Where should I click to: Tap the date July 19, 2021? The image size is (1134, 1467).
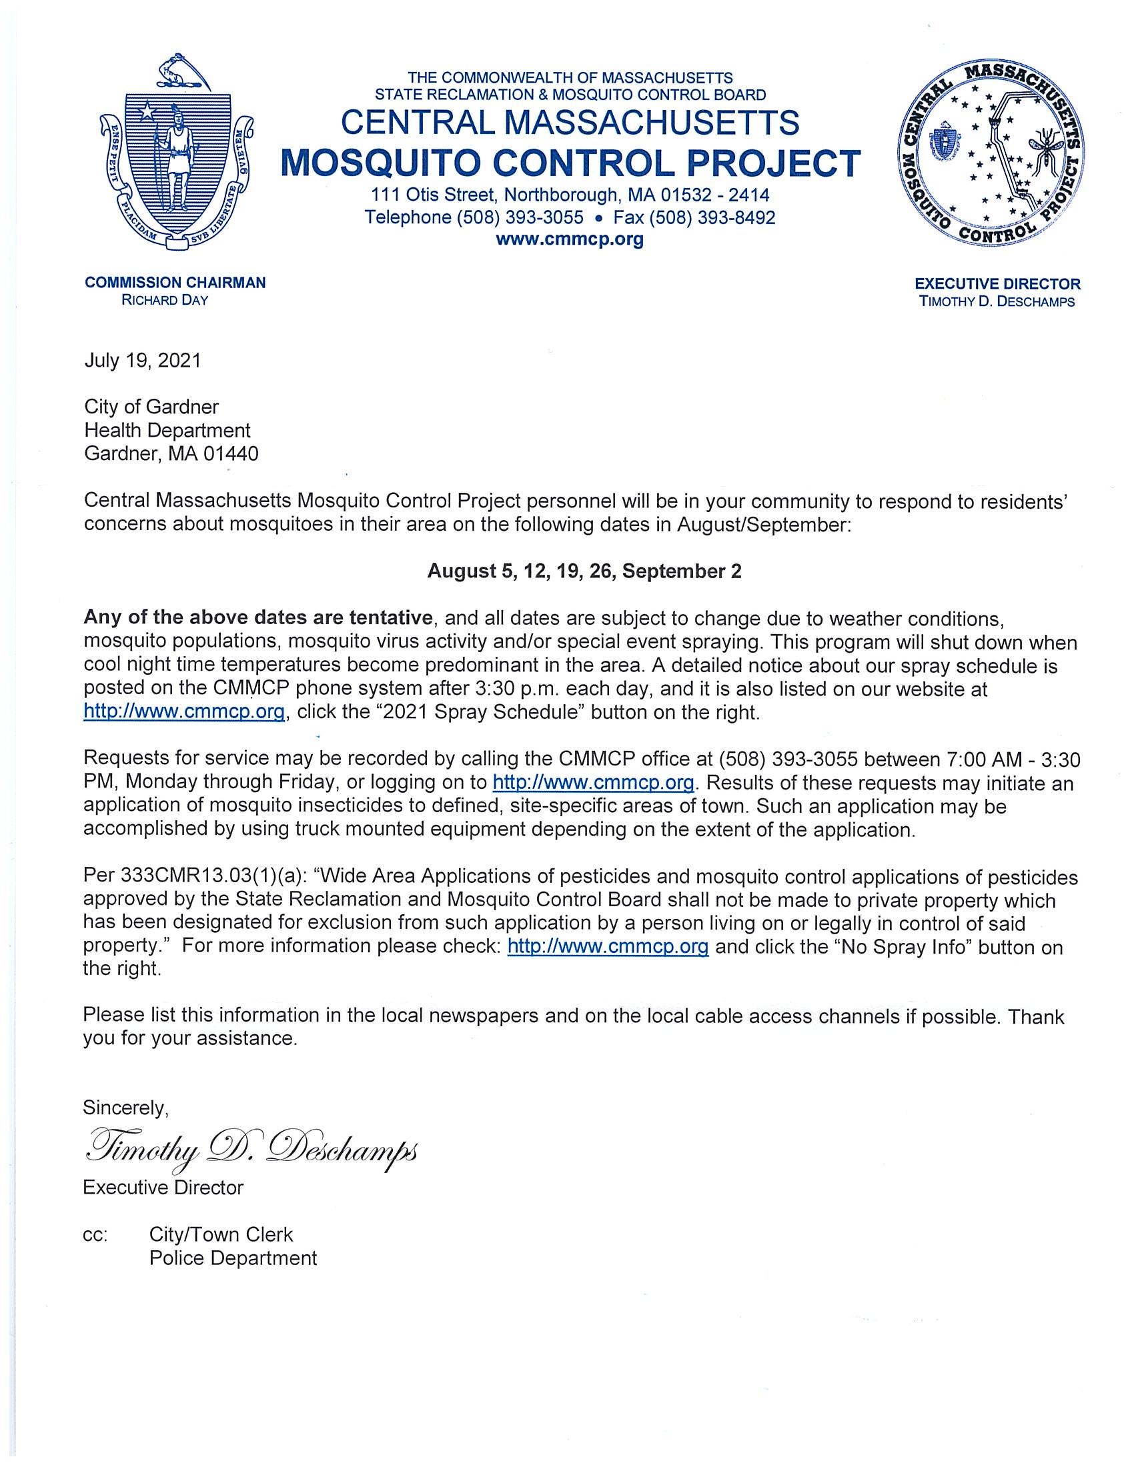[143, 361]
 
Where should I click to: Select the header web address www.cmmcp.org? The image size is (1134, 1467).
[569, 239]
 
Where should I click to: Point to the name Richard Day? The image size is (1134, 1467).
[165, 300]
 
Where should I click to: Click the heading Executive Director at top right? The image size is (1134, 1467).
[998, 284]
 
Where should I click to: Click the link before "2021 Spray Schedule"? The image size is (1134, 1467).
[184, 712]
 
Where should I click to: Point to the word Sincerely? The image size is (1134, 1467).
[125, 1106]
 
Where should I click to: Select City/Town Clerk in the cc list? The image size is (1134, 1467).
[221, 1234]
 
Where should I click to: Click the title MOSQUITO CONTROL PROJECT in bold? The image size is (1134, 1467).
[570, 161]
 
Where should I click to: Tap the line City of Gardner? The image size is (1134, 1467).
[151, 407]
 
